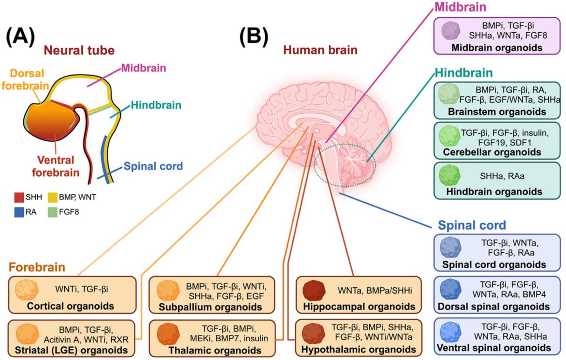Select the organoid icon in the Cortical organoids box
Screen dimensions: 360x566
pyautogui.click(x=25, y=290)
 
